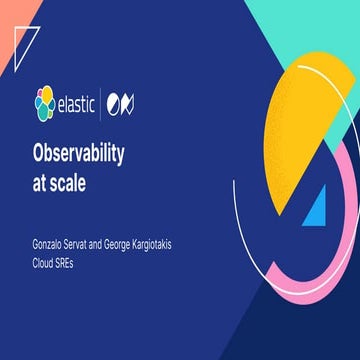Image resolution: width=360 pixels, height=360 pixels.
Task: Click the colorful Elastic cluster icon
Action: pyautogui.click(x=45, y=101)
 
